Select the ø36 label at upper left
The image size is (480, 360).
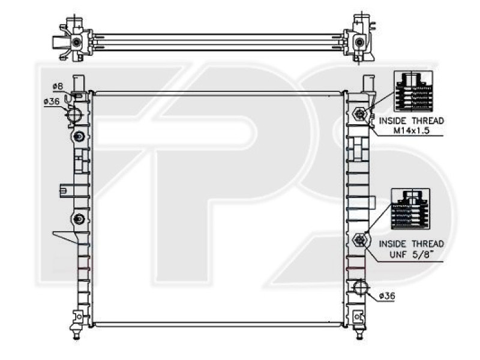pyautogui.click(x=51, y=101)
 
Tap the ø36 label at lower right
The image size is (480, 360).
pyautogui.click(x=387, y=296)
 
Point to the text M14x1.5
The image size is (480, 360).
pyautogui.click(x=411, y=131)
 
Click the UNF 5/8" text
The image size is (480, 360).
pyautogui.click(x=411, y=254)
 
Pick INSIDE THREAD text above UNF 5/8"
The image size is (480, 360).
pyautogui.click(x=411, y=244)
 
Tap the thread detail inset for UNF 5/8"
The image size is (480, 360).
pyautogui.click(x=410, y=209)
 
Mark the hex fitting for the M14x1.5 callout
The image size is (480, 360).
pyautogui.click(x=359, y=113)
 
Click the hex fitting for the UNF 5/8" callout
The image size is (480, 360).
pyautogui.click(x=359, y=240)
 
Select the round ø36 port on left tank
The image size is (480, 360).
pyautogui.click(x=74, y=115)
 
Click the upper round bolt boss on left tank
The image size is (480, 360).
pyautogui.click(x=79, y=137)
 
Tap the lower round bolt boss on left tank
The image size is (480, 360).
pyautogui.click(x=79, y=220)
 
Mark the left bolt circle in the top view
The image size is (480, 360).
pyautogui.click(x=76, y=43)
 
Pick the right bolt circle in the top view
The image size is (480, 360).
pyautogui.click(x=359, y=43)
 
